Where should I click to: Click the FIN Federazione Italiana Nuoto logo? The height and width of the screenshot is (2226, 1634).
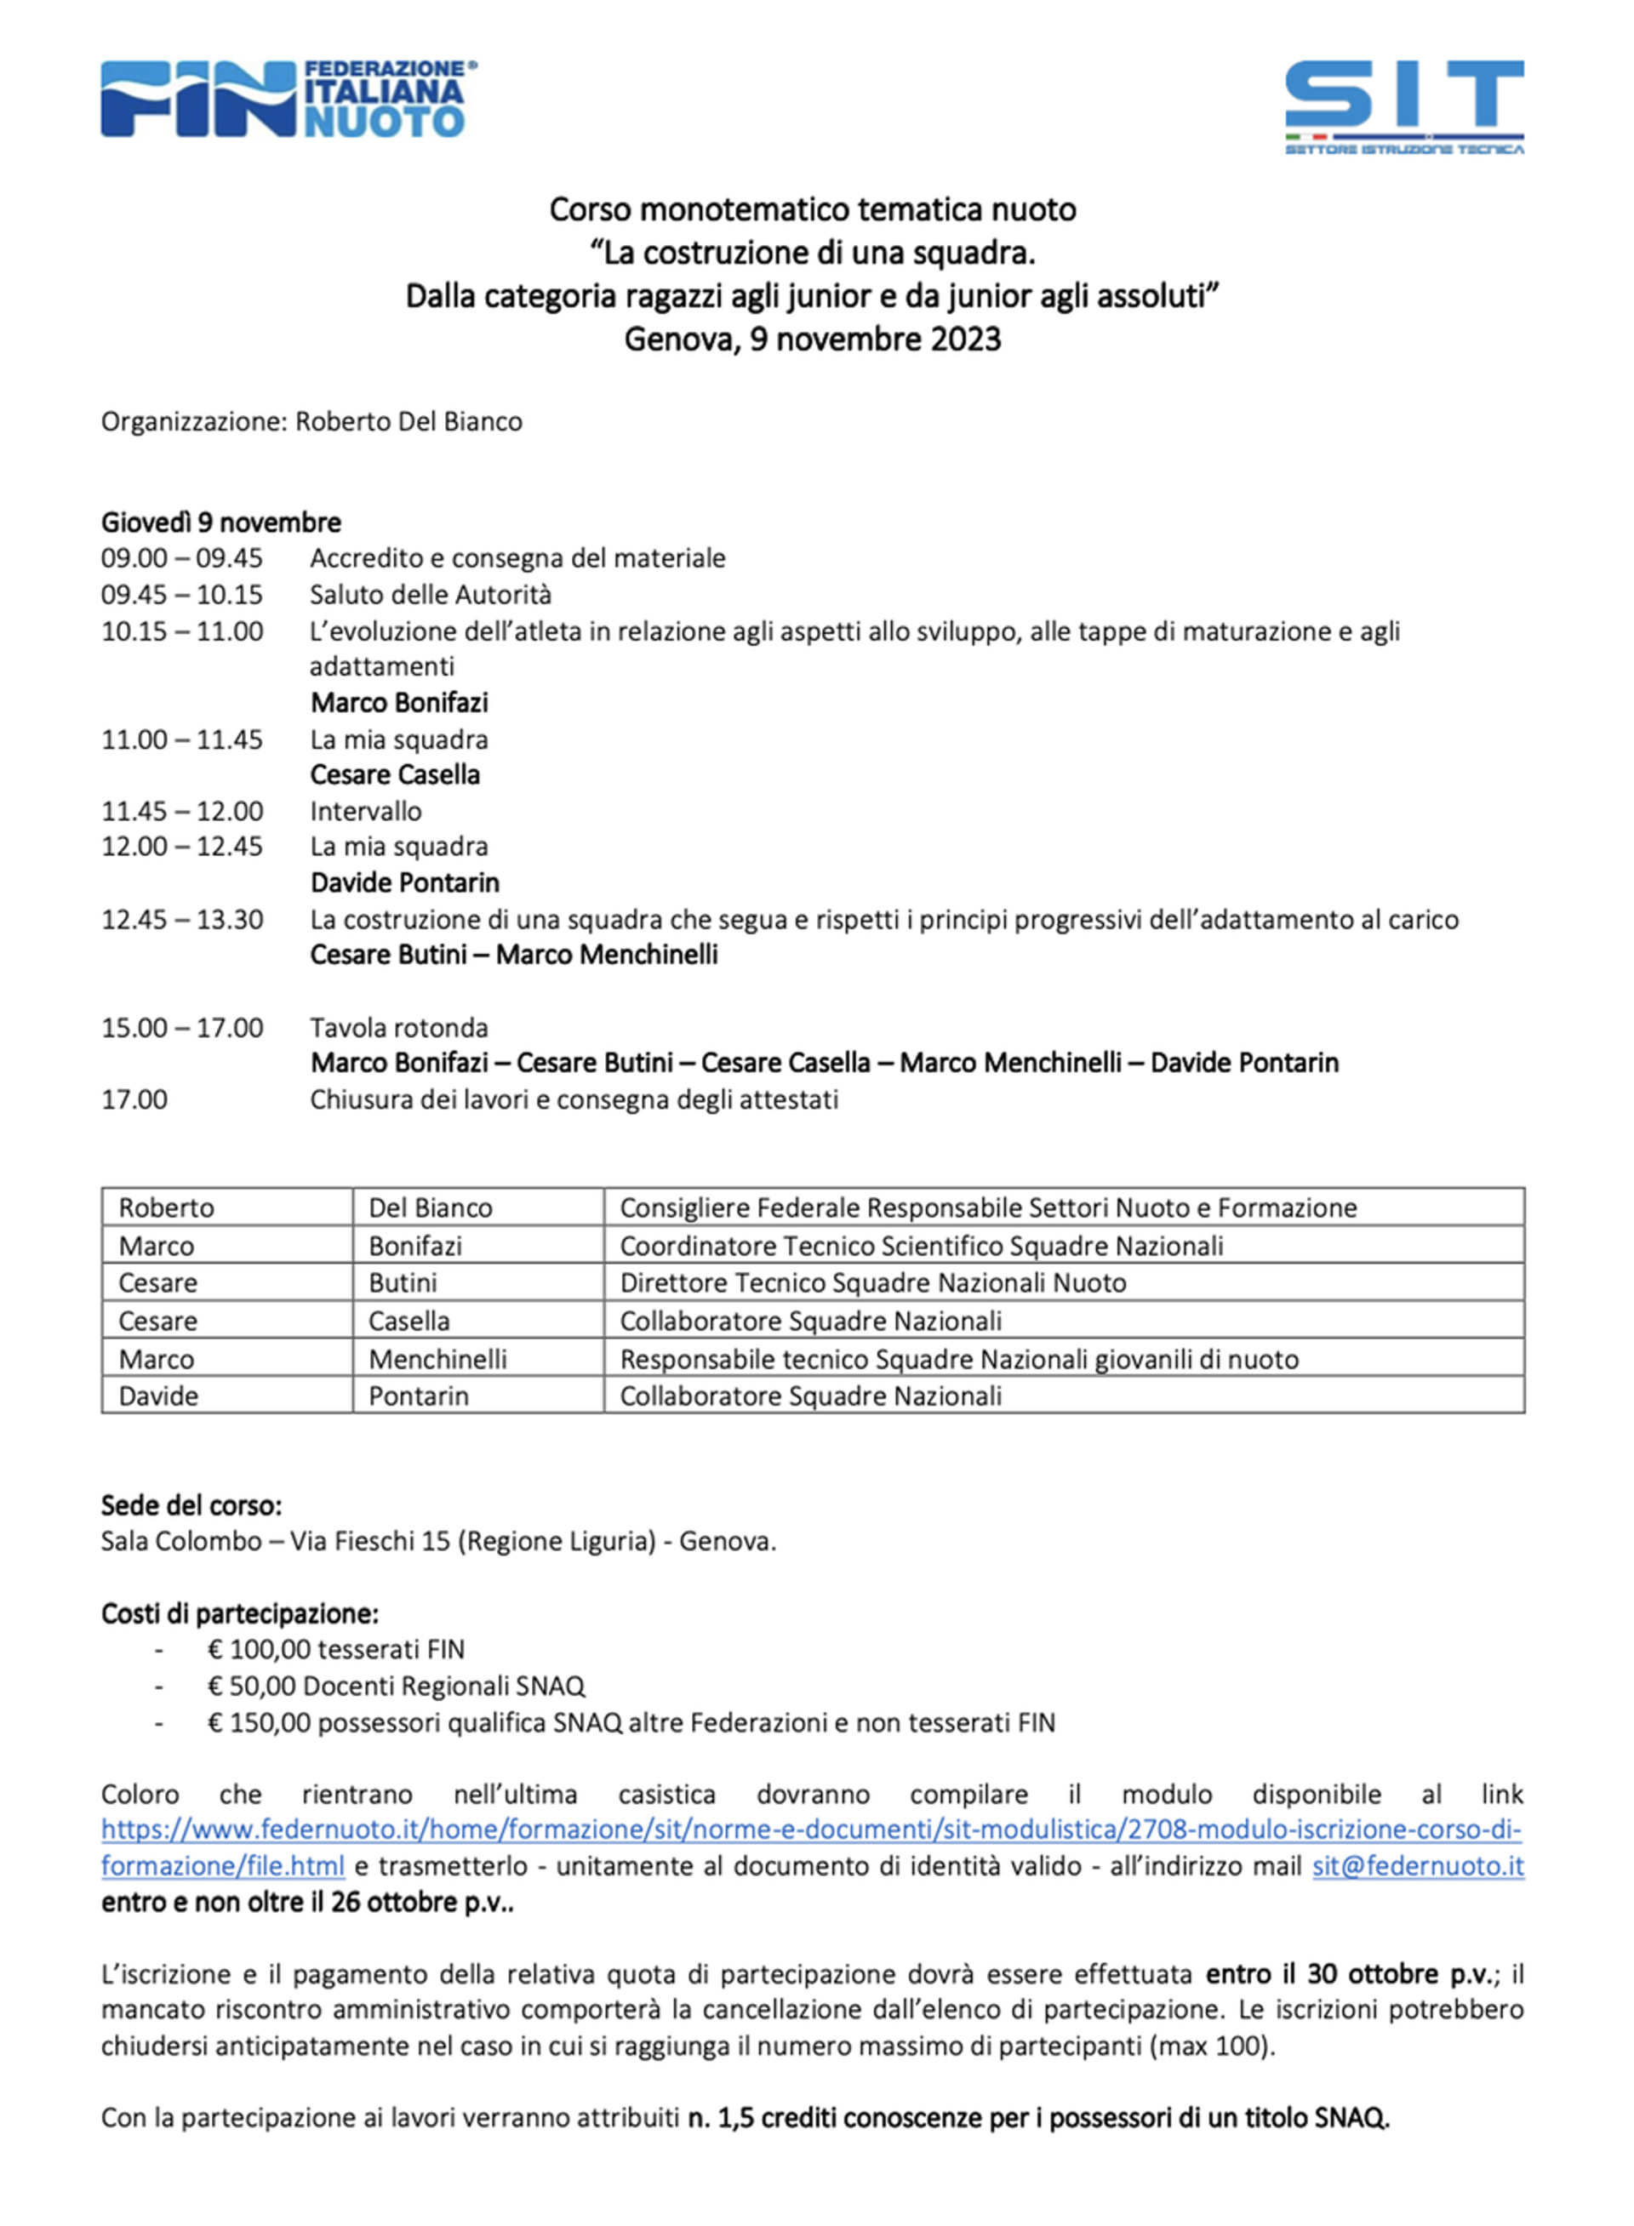[288, 99]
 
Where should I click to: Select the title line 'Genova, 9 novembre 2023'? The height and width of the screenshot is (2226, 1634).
[812, 340]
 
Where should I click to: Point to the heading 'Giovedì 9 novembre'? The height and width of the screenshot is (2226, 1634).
[220, 522]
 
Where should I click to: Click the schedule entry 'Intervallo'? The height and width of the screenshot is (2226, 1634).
[365, 812]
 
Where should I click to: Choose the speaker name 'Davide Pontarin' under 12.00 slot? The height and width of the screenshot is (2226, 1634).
[404, 883]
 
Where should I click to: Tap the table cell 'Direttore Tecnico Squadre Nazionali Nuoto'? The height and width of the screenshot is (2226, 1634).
[872, 1282]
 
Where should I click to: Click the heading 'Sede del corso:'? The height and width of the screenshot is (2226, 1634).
[191, 1505]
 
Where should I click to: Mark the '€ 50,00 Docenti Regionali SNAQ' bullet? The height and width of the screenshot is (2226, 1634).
[396, 1686]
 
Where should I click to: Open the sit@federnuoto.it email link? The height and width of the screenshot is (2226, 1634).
[1417, 1866]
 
